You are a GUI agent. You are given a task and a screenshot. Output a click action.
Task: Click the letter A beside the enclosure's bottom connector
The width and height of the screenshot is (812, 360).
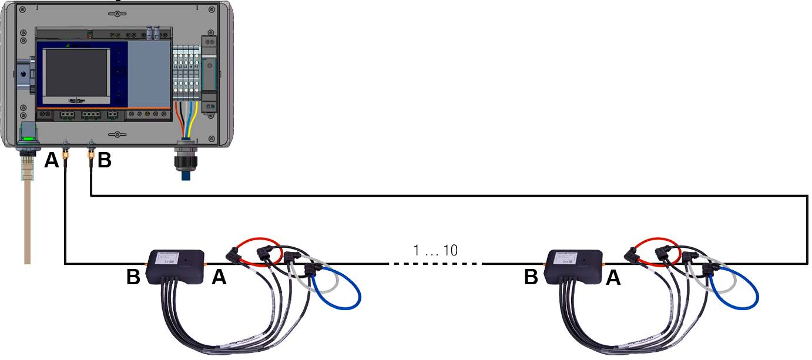(52, 160)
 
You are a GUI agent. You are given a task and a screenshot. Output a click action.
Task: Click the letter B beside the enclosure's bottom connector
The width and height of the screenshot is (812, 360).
(104, 160)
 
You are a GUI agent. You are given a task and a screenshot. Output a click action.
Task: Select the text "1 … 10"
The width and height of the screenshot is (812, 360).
(435, 251)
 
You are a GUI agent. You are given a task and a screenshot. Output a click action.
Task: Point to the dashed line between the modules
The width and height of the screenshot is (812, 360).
(435, 264)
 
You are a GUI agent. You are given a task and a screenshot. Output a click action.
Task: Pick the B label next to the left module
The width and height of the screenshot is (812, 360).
(133, 278)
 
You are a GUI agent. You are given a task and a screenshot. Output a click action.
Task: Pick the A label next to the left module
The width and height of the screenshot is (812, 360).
(219, 278)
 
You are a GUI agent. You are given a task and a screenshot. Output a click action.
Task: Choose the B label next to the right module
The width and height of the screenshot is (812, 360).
(531, 278)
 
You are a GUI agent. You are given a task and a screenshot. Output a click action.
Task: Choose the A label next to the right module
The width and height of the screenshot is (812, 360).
(613, 278)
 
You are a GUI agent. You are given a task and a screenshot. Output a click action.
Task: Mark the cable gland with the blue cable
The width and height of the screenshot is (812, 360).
(186, 159)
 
